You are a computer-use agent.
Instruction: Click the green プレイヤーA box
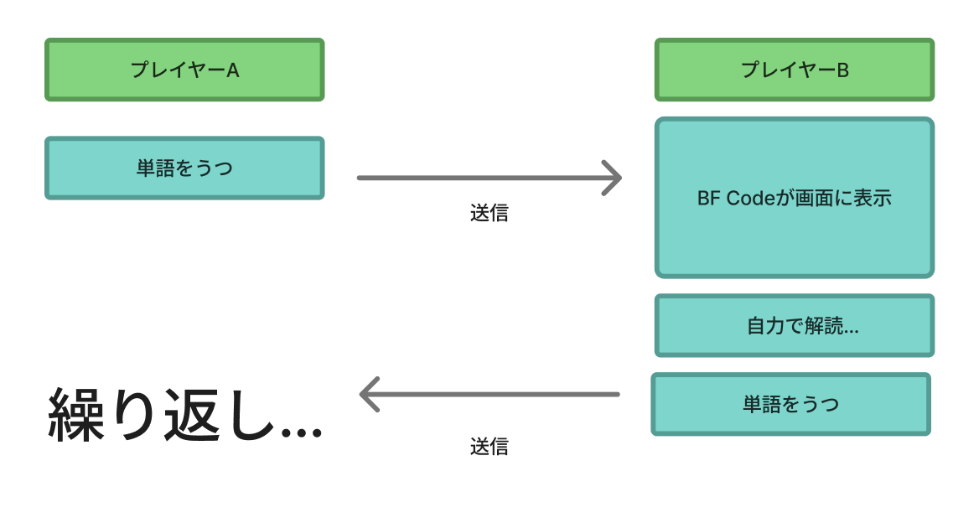point(184,70)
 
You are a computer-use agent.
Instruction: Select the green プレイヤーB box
point(794,70)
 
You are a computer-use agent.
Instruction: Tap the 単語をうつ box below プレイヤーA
point(184,168)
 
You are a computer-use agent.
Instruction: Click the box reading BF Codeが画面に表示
point(794,198)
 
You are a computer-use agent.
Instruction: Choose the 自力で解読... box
point(794,326)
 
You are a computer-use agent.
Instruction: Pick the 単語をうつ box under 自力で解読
point(790,404)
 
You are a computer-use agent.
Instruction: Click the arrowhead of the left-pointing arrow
point(369,394)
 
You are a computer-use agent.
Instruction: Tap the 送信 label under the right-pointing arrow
point(489,213)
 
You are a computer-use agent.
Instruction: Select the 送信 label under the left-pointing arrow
point(489,446)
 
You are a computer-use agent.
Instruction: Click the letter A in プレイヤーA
point(233,70)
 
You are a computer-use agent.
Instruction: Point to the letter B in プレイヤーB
point(843,70)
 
